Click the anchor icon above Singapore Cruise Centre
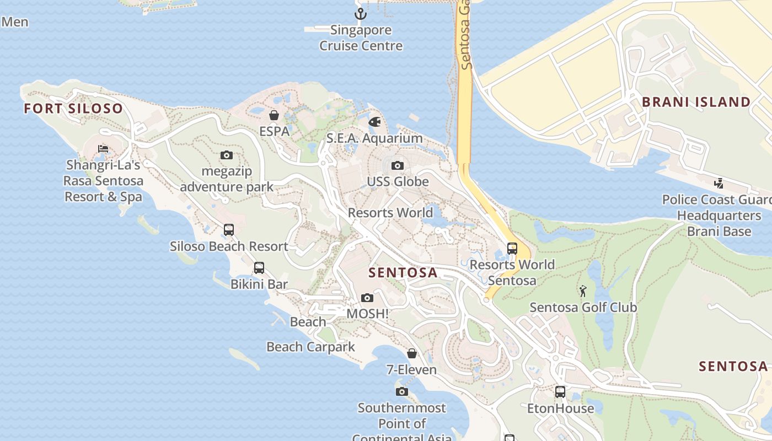[x=361, y=13]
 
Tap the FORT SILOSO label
[x=73, y=108]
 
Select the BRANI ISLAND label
[x=696, y=102]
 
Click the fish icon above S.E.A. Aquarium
[x=374, y=121]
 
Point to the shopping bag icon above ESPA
[x=274, y=115]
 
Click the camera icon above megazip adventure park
[x=226, y=155]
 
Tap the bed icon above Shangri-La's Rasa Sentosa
[x=103, y=149]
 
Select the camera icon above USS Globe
[x=397, y=165]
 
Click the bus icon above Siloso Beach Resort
[x=228, y=230]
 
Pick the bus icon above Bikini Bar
[x=259, y=268]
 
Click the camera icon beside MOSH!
[x=367, y=298]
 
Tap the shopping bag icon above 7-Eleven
[x=411, y=353]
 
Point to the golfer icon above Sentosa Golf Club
[x=583, y=291]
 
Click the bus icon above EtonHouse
[x=560, y=392]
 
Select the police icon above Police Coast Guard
[x=719, y=183]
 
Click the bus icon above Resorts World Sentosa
[x=512, y=249]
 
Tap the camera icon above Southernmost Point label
[x=402, y=392]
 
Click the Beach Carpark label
[x=311, y=347]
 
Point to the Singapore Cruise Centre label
[x=361, y=38]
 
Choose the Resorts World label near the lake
[x=390, y=213]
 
